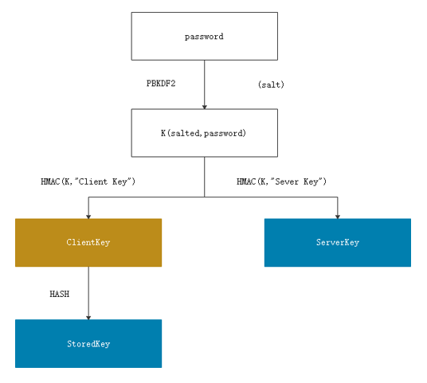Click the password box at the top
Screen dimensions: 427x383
[x=205, y=36]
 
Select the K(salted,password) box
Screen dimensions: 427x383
[x=205, y=133]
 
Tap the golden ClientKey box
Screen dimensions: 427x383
[x=88, y=243]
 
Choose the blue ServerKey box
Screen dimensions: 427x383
[x=338, y=243]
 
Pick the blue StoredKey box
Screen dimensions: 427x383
[x=88, y=343]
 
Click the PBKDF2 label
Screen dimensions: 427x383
[x=161, y=84]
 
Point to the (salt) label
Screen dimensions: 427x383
[x=271, y=84]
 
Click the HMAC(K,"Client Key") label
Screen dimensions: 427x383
[x=88, y=182]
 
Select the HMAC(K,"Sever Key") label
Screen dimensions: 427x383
[x=281, y=182]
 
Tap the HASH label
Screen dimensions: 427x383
[x=60, y=294]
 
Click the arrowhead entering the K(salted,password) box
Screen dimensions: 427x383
[x=205, y=107]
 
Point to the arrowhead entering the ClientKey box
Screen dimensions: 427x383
[x=88, y=217]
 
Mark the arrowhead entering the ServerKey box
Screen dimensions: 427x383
[x=338, y=217]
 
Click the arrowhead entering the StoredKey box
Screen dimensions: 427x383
[x=88, y=318]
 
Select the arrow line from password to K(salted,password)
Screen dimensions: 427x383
[x=205, y=84]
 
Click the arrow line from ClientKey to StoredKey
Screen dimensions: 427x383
[x=88, y=293]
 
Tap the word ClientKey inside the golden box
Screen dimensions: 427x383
[x=88, y=242]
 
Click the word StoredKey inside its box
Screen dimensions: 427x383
[x=88, y=344]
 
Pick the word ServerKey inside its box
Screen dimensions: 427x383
[x=338, y=242]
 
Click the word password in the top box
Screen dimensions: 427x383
[x=204, y=37]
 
